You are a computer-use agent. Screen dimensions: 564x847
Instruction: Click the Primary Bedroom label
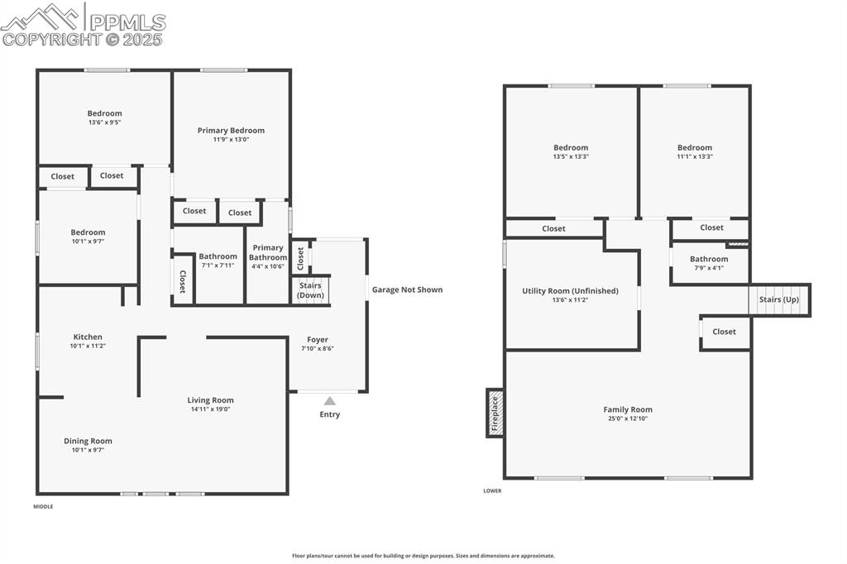click(x=231, y=131)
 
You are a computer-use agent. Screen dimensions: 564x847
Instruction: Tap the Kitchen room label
click(x=88, y=337)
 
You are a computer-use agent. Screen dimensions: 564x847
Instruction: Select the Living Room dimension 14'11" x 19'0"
click(x=210, y=409)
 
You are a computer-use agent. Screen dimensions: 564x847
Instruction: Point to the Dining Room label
click(x=88, y=441)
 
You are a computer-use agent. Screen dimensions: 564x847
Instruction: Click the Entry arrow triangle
click(x=330, y=401)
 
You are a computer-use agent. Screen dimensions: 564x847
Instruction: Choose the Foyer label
click(x=318, y=340)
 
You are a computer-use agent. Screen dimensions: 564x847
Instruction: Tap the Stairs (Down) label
click(x=311, y=290)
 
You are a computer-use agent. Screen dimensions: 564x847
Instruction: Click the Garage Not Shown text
click(x=407, y=289)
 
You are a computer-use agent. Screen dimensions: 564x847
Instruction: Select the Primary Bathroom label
click(x=267, y=252)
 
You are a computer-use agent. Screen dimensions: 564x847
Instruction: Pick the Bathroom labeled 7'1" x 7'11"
click(x=218, y=256)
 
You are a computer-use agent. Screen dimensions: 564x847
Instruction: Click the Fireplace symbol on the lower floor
click(x=495, y=413)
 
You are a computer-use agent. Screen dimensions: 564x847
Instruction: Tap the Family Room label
click(x=628, y=409)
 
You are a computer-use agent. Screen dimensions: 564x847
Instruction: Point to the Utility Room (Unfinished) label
click(x=570, y=291)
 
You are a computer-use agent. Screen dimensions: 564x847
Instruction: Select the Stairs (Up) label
click(x=779, y=299)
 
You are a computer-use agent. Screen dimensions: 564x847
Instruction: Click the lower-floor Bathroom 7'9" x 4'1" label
click(x=709, y=259)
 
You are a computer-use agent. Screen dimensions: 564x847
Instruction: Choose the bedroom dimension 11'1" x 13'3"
click(x=694, y=156)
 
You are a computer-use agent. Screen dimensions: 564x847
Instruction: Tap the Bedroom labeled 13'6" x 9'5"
click(x=105, y=113)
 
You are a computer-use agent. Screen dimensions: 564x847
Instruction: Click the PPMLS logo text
click(x=127, y=22)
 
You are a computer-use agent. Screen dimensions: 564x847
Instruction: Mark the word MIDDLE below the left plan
click(x=43, y=506)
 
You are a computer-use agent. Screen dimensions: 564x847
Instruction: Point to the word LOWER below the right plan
click(x=492, y=490)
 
